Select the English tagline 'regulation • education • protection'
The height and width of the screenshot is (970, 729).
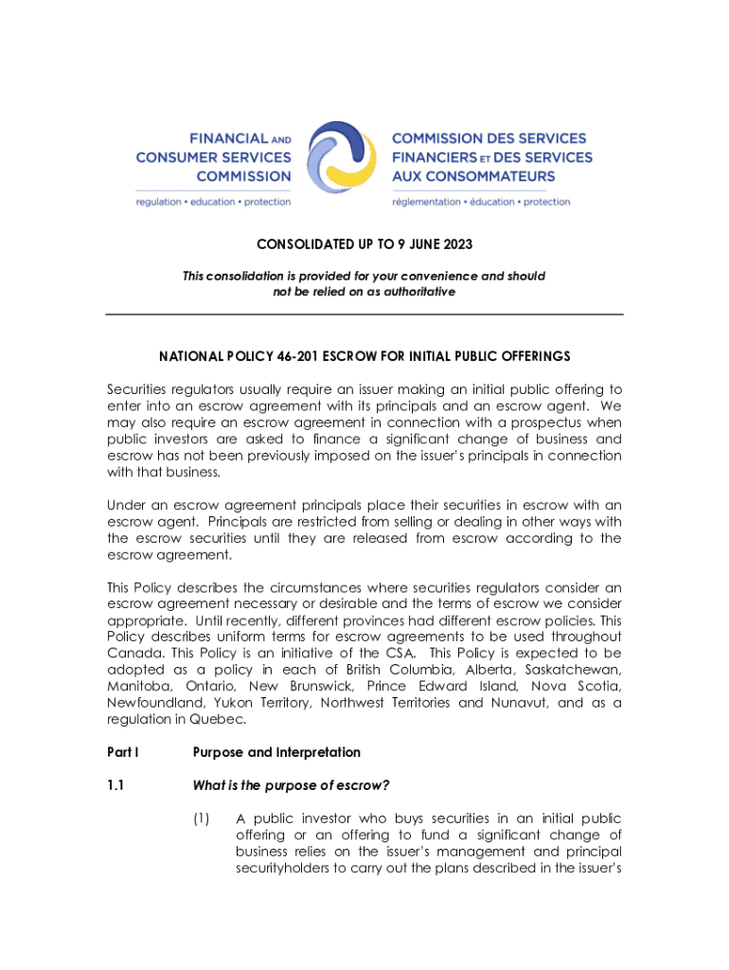click(x=213, y=202)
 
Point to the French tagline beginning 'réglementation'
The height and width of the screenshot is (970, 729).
click(x=481, y=202)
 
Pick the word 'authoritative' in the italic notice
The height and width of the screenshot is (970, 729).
click(x=417, y=292)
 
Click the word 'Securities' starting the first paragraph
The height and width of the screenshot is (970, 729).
click(x=138, y=389)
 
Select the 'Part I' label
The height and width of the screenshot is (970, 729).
click(x=122, y=752)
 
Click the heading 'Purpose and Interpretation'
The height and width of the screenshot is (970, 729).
click(x=276, y=752)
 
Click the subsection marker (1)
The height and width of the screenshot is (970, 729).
click(x=203, y=819)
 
